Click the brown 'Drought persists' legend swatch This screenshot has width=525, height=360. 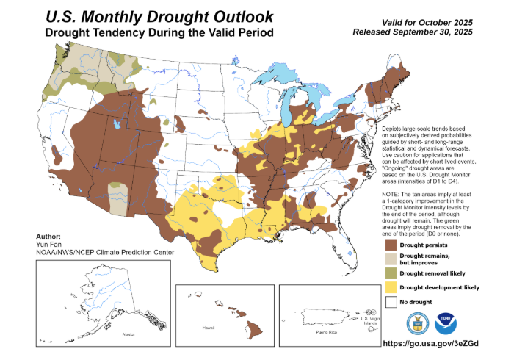click(x=391, y=244)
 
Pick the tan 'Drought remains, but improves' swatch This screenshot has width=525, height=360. click(x=391, y=259)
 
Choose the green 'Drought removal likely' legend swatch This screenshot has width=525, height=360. click(x=391, y=273)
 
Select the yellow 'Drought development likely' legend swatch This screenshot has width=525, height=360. click(x=391, y=287)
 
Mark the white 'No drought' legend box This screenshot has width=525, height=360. click(x=391, y=302)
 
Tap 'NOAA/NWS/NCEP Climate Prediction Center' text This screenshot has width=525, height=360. click(x=104, y=253)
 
